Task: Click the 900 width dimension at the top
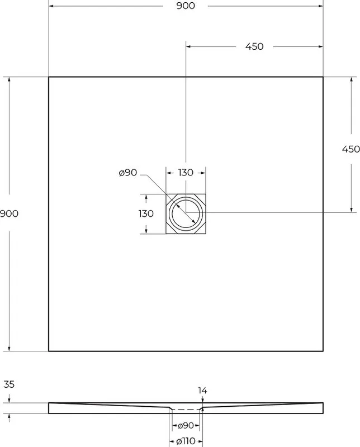(186, 6)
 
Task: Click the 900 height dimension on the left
(9, 213)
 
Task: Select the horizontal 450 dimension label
(254, 46)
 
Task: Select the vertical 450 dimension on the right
(351, 149)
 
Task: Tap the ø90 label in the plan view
(128, 173)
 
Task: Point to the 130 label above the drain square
(186, 173)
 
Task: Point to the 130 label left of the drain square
(146, 213)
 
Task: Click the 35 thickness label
(9, 384)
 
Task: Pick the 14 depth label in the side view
(202, 390)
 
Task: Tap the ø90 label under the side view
(186, 426)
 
